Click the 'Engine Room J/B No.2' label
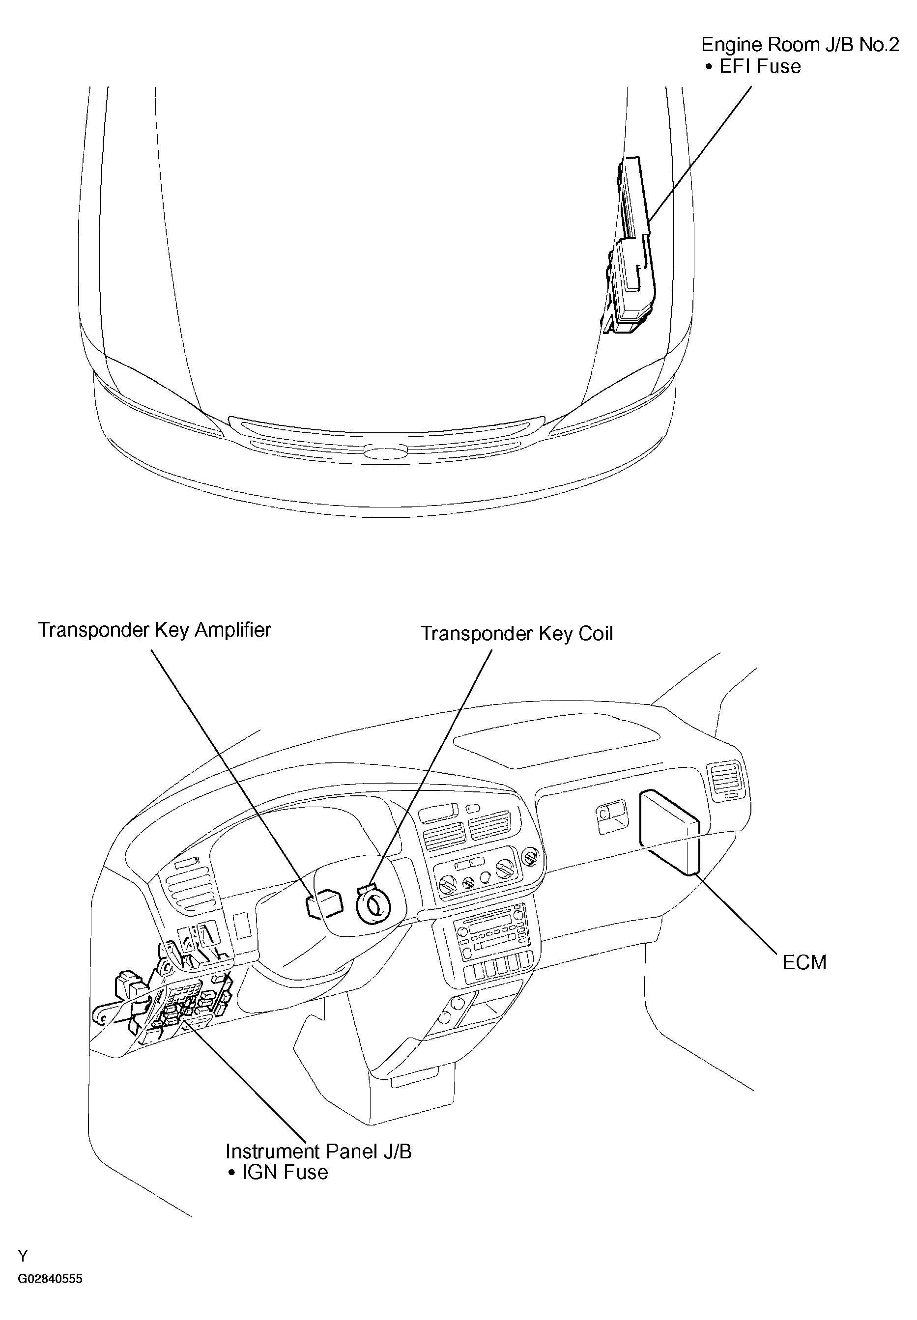[800, 45]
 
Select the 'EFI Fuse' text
[760, 67]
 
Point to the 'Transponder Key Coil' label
[517, 634]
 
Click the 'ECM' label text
[804, 962]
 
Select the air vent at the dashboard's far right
[727, 780]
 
